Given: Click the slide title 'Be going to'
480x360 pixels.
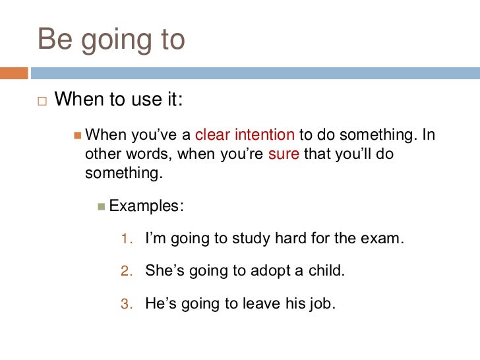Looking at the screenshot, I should pyautogui.click(x=111, y=40).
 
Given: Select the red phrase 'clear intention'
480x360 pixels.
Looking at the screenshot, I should pyautogui.click(x=245, y=135).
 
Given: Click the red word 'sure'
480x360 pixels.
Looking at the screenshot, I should pyautogui.click(x=284, y=154).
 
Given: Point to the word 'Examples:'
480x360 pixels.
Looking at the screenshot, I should pyautogui.click(x=146, y=206).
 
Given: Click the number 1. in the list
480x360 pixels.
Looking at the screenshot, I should pyautogui.click(x=127, y=239).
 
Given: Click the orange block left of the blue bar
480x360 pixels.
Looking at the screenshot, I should pyautogui.click(x=13, y=73).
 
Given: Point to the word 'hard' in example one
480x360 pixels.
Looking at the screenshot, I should pyautogui.click(x=287, y=239).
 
